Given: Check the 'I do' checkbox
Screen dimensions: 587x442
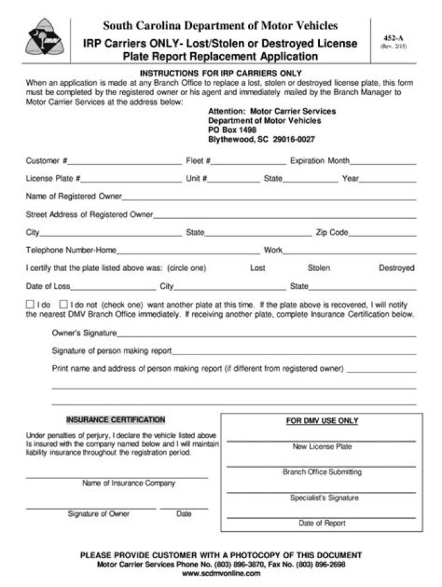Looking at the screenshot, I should click(x=30, y=304).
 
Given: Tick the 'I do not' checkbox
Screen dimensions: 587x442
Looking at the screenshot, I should click(x=63, y=304).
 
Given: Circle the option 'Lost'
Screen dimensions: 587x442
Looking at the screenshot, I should click(x=258, y=268).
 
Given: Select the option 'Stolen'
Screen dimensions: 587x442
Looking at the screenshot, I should click(x=319, y=268).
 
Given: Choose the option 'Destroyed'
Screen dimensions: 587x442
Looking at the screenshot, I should click(x=396, y=268).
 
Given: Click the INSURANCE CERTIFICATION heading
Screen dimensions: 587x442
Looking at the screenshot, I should click(x=115, y=420).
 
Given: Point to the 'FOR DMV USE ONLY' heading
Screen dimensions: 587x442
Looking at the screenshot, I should click(x=322, y=421).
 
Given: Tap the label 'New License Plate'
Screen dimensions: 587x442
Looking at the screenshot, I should click(x=322, y=447).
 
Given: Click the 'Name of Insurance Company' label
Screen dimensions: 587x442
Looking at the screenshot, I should click(x=128, y=483).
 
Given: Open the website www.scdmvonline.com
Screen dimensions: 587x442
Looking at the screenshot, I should click(x=222, y=574).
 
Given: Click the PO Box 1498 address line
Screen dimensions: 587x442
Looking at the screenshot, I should click(x=232, y=130).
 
